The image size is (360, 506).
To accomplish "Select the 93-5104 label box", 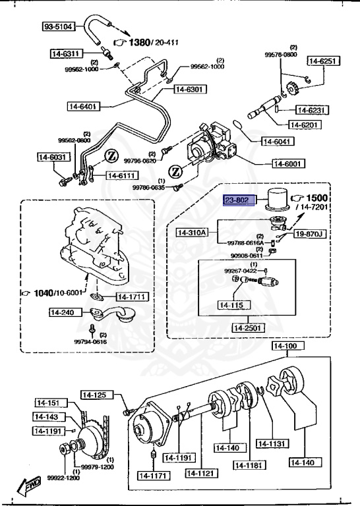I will click(x=59, y=27).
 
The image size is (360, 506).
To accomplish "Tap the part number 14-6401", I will click(x=83, y=105).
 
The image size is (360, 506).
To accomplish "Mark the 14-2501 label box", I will click(x=249, y=327).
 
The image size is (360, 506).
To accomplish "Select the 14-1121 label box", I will click(x=202, y=472).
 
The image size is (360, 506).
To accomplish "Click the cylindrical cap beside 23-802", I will click(x=276, y=198).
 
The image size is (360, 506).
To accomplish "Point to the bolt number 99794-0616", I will click(x=90, y=341).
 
